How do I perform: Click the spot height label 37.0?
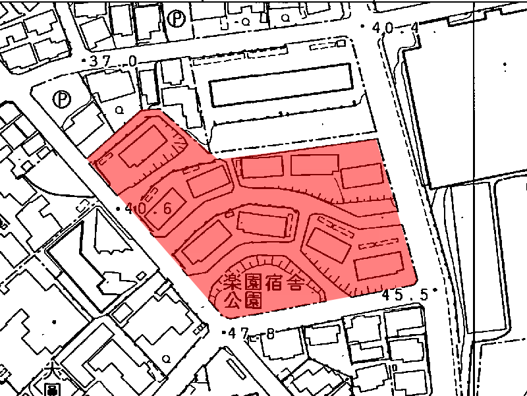[x=113, y=61]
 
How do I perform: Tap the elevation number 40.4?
[x=395, y=28]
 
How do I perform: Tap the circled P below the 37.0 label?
[x=62, y=99]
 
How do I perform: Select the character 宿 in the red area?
[x=276, y=285]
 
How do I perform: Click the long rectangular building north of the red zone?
[x=280, y=85]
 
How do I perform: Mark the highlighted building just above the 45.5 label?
[x=378, y=266]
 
